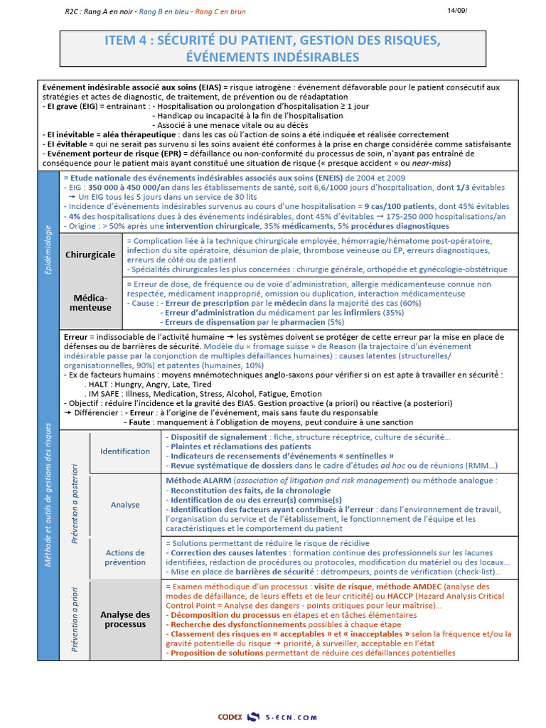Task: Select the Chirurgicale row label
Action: (90, 255)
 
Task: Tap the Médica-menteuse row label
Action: (90, 302)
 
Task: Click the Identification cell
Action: (125, 451)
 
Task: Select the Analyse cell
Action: (125, 505)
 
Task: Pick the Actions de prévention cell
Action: (125, 557)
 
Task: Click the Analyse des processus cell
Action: (125, 619)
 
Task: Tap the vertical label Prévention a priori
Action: (75, 619)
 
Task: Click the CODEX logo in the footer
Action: (230, 717)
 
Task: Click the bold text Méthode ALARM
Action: (199, 481)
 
